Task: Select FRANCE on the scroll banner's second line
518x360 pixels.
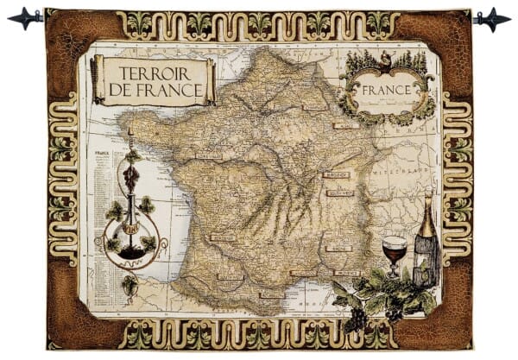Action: coord(173,89)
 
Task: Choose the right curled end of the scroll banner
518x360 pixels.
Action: coord(210,80)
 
